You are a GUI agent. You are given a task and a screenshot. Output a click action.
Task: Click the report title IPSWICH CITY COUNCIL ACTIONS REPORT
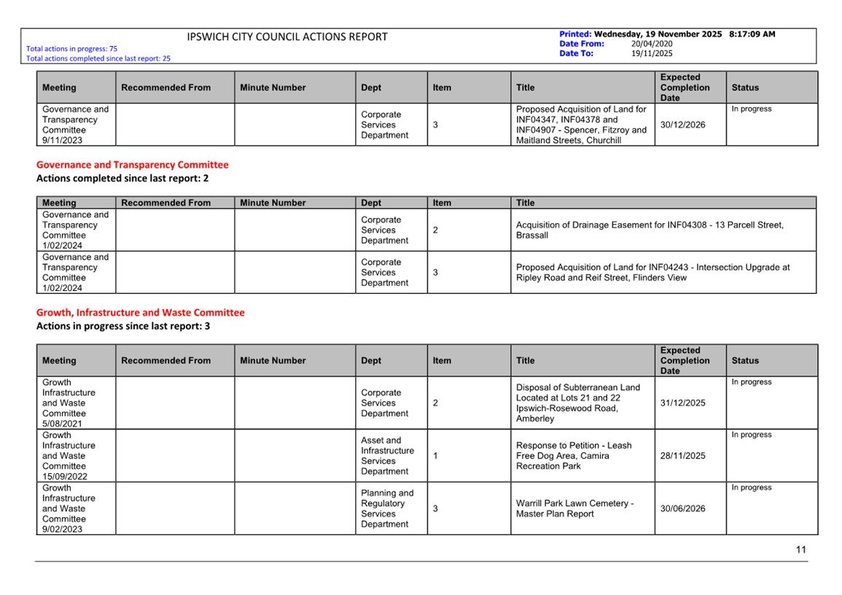[x=287, y=37]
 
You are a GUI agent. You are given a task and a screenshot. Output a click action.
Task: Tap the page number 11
[x=801, y=550]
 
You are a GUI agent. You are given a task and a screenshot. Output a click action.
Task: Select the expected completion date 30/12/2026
[x=682, y=125]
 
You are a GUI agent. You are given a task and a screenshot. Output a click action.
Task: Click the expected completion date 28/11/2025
[x=682, y=456]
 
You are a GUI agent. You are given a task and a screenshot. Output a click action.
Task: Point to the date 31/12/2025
[x=682, y=402]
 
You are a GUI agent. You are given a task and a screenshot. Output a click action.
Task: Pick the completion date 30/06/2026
[x=682, y=508]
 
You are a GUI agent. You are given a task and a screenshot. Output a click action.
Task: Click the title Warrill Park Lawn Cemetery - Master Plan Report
[x=574, y=508]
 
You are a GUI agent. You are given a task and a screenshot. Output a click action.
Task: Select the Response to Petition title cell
[x=574, y=456]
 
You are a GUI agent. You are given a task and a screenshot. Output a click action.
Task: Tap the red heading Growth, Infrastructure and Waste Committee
[x=141, y=313]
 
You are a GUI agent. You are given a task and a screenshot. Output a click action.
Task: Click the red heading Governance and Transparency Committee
[x=132, y=165]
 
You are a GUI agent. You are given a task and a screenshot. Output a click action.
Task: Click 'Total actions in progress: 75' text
[x=71, y=49]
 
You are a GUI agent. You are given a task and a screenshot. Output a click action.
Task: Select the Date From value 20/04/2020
[x=652, y=44]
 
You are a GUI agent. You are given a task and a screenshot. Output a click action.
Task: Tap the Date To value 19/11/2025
[x=652, y=53]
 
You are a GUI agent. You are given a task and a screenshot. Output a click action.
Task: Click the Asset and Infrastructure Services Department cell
[x=387, y=456]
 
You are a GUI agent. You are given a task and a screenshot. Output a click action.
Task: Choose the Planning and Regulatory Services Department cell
[x=387, y=508]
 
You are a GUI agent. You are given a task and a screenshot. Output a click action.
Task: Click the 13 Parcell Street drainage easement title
[x=650, y=230]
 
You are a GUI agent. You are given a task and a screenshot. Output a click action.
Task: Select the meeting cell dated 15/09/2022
[x=69, y=456]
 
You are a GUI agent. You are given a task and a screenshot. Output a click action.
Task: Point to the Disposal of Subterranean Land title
[x=577, y=402]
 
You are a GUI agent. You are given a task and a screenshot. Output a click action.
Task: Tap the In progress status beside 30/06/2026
[x=751, y=488]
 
